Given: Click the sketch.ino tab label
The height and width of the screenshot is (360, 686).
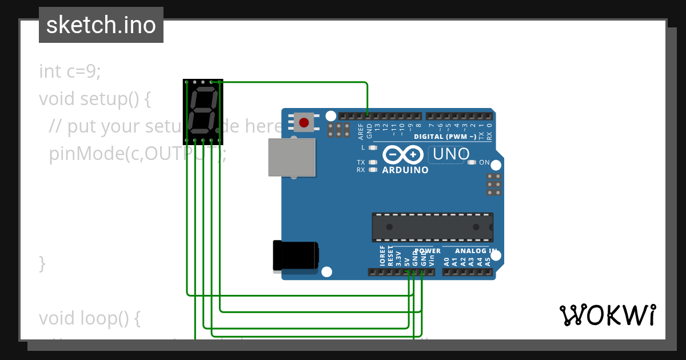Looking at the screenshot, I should point(101,25).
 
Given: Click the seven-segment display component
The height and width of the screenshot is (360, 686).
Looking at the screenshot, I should point(203,111).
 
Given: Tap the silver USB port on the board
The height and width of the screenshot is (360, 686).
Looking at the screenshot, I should point(292,157).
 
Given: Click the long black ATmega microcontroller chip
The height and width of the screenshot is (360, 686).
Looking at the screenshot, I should point(432,227).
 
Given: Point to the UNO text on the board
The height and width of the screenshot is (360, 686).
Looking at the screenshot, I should point(451,154).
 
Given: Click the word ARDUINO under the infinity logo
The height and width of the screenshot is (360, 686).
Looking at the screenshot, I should point(405,170).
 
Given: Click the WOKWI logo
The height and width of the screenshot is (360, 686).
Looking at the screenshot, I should point(607,315).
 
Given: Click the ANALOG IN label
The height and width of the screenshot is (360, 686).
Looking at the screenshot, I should point(476,251).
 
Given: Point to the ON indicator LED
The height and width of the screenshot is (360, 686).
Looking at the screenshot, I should point(472,162).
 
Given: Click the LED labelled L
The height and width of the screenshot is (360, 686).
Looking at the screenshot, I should point(373,147).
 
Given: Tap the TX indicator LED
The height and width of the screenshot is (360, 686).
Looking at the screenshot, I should point(373,162).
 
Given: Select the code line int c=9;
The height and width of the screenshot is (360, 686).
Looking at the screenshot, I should point(70,71).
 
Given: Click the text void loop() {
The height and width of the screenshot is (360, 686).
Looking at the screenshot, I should point(89,318).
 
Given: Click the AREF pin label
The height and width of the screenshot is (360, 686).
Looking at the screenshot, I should point(361,132).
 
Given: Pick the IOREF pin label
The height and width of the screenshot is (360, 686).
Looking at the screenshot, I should point(382,257).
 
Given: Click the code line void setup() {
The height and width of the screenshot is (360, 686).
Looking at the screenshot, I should point(94,99).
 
